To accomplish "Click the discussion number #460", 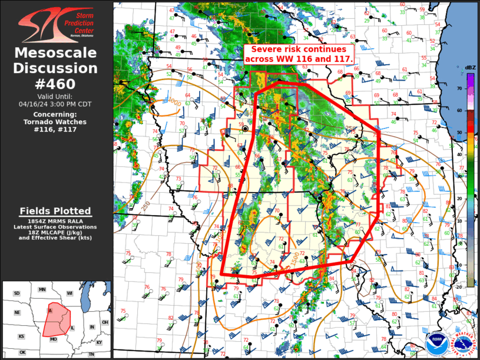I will click(56, 84).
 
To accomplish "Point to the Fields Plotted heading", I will click(55, 211).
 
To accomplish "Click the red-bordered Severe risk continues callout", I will click(299, 54).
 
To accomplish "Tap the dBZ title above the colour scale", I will click(470, 68).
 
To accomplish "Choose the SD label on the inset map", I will click(16, 293).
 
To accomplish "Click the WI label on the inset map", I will click(69, 293).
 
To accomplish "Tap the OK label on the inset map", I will click(22, 352).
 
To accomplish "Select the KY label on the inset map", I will click(99, 342).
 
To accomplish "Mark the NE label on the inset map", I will click(18, 313).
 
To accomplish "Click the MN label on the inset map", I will click(42, 290).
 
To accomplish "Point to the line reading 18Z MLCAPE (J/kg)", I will click(55, 232).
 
